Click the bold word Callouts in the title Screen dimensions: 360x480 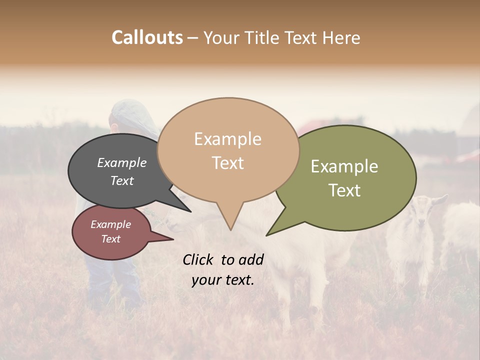click(147, 37)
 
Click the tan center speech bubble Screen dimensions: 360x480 click(228, 150)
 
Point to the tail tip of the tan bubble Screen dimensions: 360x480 click(230, 229)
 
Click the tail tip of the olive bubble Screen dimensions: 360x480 click(267, 235)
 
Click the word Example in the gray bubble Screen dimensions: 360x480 click(121, 162)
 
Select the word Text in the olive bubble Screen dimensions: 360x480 click(345, 190)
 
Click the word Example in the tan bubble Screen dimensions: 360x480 click(228, 139)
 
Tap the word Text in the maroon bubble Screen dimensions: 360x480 click(111, 239)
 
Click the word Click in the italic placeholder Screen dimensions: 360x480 click(198, 259)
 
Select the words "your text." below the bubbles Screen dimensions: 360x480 click(223, 280)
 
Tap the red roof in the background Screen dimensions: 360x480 click(320, 125)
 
